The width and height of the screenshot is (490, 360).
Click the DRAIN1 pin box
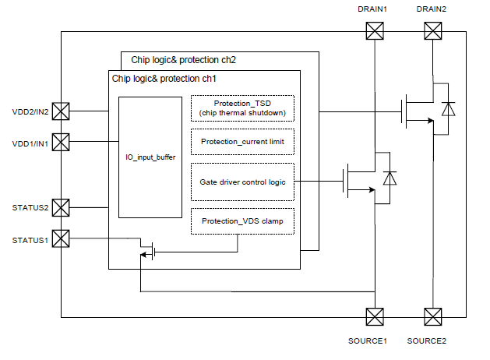[x=375, y=31]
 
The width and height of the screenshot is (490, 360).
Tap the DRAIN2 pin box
[x=432, y=31]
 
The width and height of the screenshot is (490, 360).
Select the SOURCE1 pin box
[x=375, y=316]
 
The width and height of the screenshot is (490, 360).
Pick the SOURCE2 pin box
[x=432, y=316]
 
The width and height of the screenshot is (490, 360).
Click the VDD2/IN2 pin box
[x=61, y=111]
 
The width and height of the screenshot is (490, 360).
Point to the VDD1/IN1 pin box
[x=61, y=142]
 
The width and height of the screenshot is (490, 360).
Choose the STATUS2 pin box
[x=61, y=208]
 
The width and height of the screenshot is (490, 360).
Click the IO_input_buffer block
[x=150, y=157]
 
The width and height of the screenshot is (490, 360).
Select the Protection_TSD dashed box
[x=242, y=109]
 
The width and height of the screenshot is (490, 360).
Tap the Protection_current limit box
[x=242, y=142]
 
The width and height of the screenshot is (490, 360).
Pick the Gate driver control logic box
[x=242, y=182]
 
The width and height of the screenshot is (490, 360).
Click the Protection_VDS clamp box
[x=242, y=221]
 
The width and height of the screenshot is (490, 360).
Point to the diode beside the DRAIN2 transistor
[x=448, y=109]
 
